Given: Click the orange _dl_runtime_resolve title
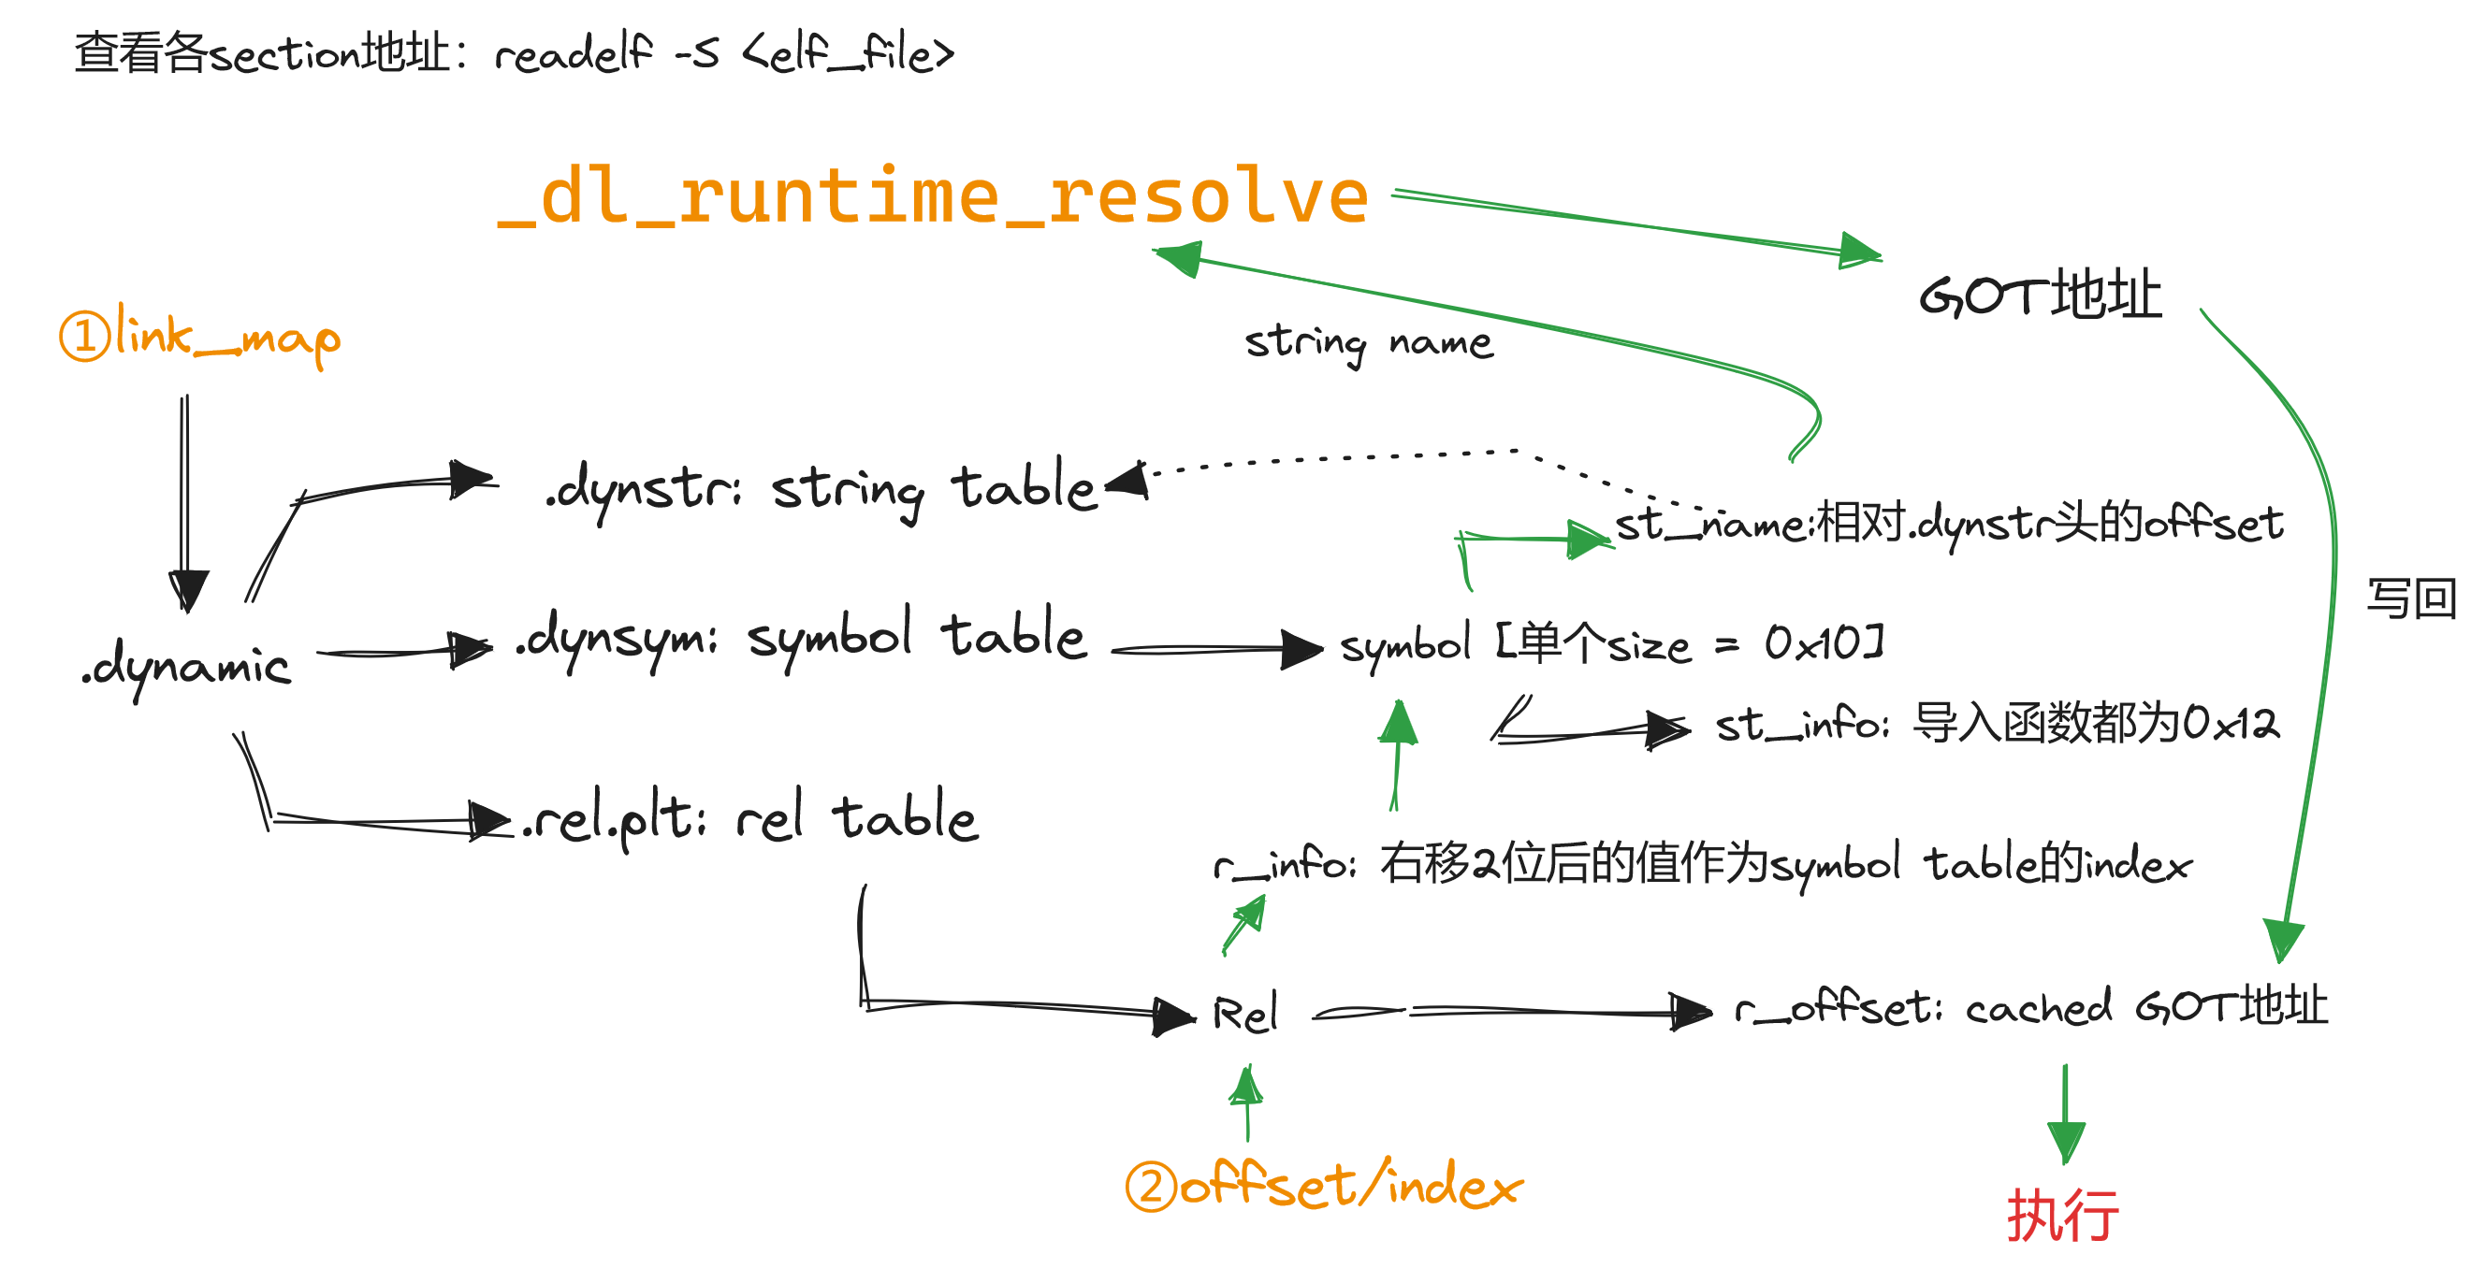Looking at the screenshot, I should coord(932,196).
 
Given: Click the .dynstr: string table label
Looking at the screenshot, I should coord(821,490).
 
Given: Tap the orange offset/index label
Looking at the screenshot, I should coord(1324,1187).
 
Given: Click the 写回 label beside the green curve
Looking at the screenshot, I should coord(2411,599).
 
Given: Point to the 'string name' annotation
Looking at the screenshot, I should coord(1369,343).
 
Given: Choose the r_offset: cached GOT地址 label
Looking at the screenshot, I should coord(2030,1009).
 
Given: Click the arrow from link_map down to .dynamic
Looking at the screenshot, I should coord(184,501).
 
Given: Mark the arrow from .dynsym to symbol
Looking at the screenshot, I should coord(1216,650).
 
